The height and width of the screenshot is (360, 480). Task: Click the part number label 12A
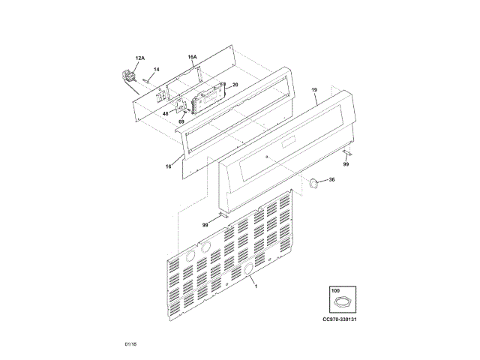pos(139,58)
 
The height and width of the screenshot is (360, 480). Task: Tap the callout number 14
pos(156,70)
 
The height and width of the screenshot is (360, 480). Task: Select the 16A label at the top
pos(192,57)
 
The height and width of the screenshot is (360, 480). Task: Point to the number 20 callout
pos(235,85)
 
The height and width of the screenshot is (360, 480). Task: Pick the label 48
pos(165,113)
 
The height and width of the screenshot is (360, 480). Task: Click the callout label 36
pos(331,179)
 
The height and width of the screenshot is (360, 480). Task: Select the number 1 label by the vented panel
pos(255,286)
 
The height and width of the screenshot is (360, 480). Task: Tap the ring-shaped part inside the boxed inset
pos(342,302)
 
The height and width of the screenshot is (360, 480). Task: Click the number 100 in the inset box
pos(335,289)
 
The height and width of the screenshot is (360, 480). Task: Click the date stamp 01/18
pos(130,343)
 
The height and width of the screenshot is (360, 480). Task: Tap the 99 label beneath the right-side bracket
pos(346,164)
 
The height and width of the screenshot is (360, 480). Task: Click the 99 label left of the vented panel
pos(205,224)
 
